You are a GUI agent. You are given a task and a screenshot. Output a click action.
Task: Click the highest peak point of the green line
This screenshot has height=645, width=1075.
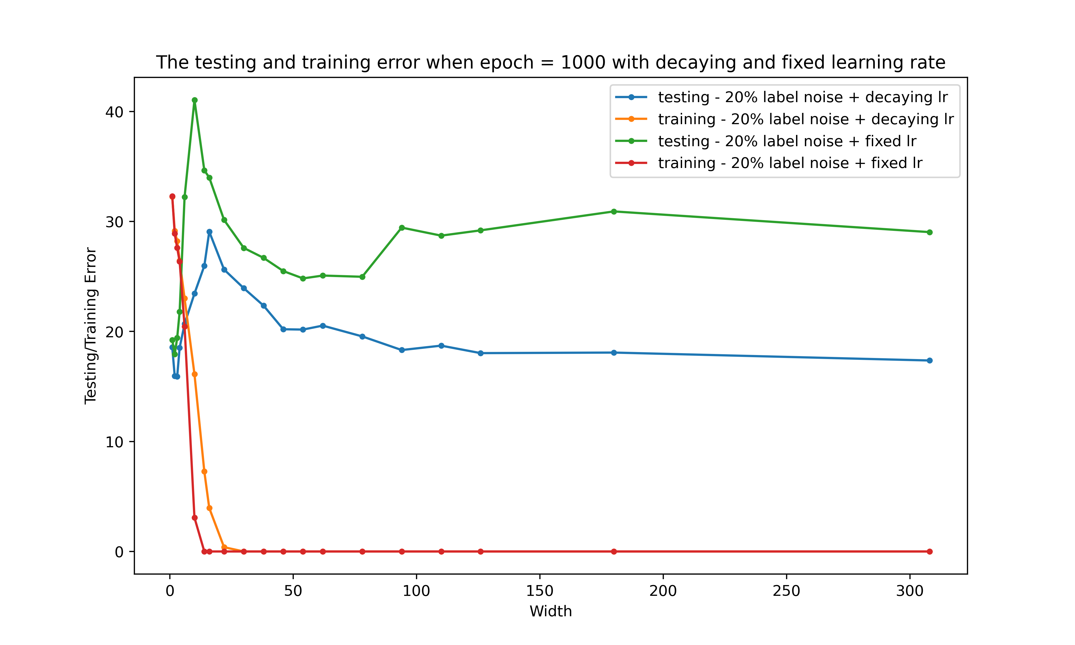(195, 100)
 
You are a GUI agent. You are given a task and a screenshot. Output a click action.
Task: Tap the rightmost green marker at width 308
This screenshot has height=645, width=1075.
(929, 232)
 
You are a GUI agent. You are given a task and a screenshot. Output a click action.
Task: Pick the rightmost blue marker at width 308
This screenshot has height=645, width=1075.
(929, 360)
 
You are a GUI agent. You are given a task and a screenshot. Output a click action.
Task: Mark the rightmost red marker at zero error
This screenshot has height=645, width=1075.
(929, 551)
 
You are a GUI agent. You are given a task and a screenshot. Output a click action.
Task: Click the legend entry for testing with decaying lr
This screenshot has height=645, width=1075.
(802, 97)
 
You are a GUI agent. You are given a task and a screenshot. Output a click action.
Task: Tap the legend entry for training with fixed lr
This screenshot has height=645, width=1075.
(790, 163)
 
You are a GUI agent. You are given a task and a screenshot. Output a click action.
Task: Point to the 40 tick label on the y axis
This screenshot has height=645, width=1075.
(114, 112)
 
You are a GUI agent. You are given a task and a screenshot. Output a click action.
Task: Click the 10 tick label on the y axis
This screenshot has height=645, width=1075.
(114, 442)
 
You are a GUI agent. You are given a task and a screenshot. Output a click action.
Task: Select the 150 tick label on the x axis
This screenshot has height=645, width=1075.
(540, 591)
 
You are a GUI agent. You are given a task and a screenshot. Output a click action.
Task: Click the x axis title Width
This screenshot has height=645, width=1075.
(551, 611)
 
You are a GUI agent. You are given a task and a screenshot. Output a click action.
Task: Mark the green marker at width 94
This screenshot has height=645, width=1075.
(402, 228)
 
